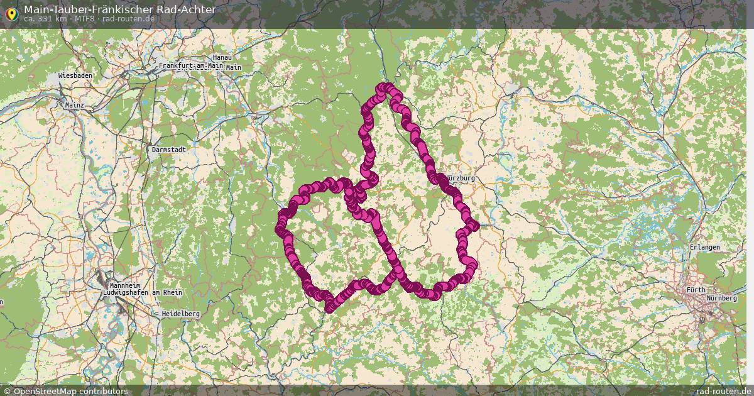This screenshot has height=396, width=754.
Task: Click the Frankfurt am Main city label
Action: click(x=191, y=66)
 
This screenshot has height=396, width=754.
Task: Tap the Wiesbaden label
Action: click(x=75, y=75)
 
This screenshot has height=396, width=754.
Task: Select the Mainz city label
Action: click(x=74, y=106)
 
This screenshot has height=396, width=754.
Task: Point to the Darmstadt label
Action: click(x=168, y=150)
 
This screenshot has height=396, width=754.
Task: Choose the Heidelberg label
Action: click(x=180, y=313)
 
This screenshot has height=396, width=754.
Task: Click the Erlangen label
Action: click(x=704, y=248)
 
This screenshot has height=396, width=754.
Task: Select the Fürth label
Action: click(x=696, y=290)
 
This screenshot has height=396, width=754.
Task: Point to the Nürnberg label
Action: click(x=721, y=298)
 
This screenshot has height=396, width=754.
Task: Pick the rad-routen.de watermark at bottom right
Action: click(x=723, y=391)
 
